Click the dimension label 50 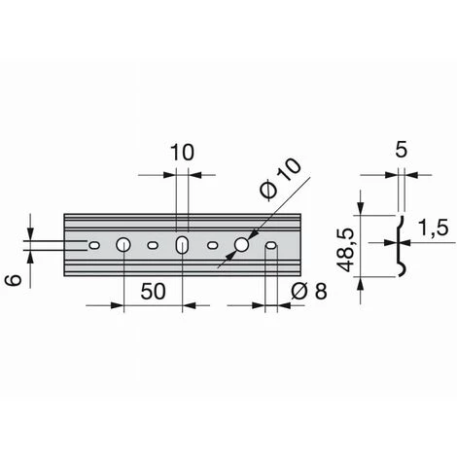click(153, 291)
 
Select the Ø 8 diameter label click(309, 291)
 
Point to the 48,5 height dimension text click(344, 250)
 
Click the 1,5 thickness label click(433, 228)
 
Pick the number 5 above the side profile click(402, 150)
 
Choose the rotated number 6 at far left click(15, 279)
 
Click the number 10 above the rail click(182, 153)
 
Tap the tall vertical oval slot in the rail click(183, 245)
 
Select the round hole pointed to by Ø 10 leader click(241, 245)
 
